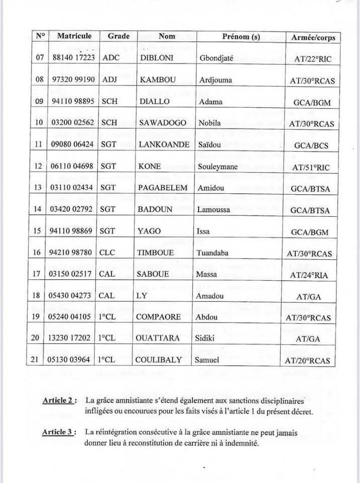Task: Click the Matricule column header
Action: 74,36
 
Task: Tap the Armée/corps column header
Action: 313,37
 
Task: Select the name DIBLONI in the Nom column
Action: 157,58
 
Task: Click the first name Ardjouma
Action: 216,80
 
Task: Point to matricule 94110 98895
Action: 73,101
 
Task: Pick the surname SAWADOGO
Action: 162,123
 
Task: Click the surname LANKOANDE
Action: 163,144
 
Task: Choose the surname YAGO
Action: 149,231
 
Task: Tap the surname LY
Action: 141,295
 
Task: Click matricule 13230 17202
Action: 73,338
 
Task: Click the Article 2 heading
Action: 59,400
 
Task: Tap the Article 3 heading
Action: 59,432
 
